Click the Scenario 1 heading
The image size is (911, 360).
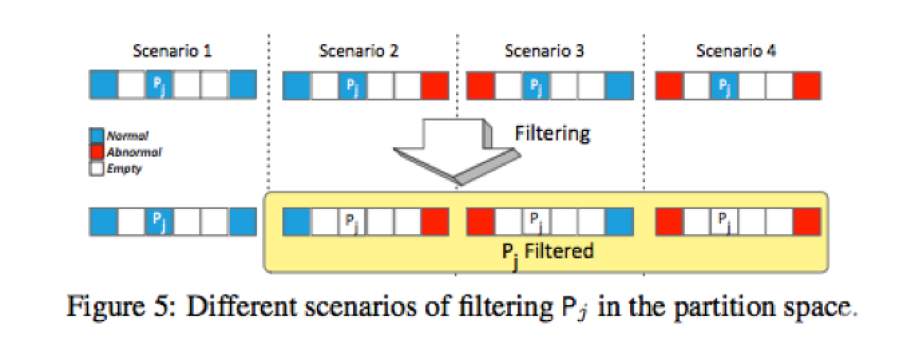(173, 52)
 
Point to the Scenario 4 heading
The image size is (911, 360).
(736, 52)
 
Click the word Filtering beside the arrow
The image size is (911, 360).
(552, 134)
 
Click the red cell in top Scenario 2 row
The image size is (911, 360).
(435, 86)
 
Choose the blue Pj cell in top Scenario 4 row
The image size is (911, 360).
(724, 86)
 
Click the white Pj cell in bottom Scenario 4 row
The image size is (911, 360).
(724, 221)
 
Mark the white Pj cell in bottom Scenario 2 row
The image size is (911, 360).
(352, 221)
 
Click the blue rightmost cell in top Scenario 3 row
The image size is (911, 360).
(618, 86)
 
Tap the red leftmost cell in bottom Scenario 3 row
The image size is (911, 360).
(479, 221)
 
